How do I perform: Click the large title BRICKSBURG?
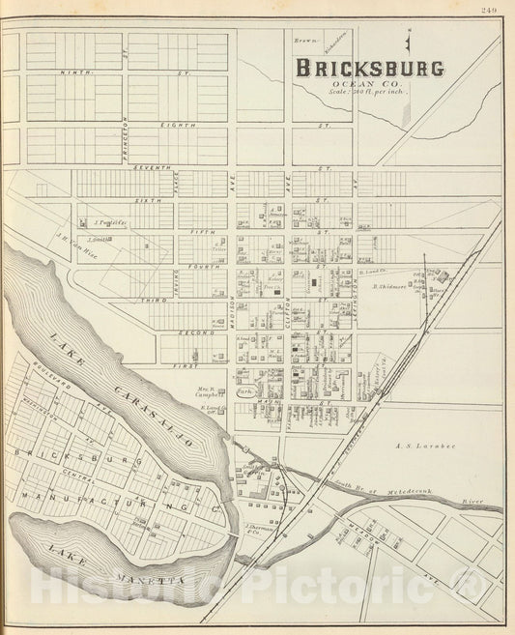point(370,69)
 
